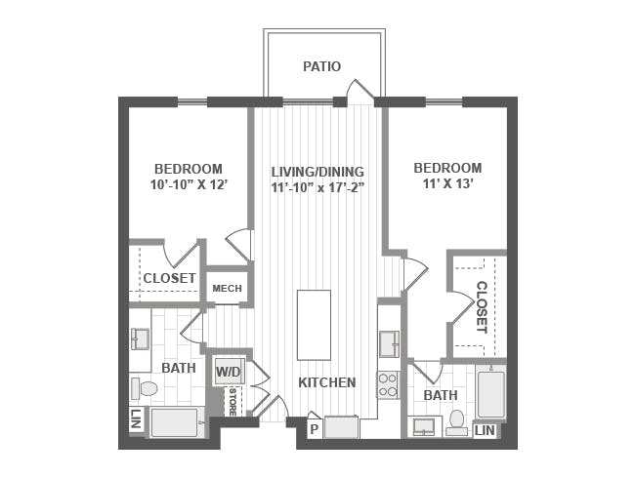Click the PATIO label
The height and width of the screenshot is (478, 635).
[322, 66]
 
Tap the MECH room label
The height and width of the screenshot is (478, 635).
[227, 289]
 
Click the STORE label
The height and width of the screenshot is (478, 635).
[233, 402]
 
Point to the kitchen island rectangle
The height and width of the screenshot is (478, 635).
[314, 325]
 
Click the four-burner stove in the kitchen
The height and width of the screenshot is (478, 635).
[389, 385]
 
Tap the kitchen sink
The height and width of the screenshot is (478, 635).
[389, 344]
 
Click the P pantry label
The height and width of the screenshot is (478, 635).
[314, 429]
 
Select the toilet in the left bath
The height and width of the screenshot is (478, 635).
[145, 389]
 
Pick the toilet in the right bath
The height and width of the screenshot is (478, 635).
[457, 421]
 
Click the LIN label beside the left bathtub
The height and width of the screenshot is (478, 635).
[136, 419]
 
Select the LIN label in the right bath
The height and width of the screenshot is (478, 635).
[485, 430]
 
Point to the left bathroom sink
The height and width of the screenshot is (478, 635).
[140, 339]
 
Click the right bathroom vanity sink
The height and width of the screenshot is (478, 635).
[424, 426]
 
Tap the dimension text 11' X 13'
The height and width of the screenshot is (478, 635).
[448, 184]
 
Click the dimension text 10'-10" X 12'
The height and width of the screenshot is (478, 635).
[189, 184]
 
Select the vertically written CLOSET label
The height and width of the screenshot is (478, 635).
[481, 307]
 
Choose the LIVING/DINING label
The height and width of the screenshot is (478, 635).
[317, 172]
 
